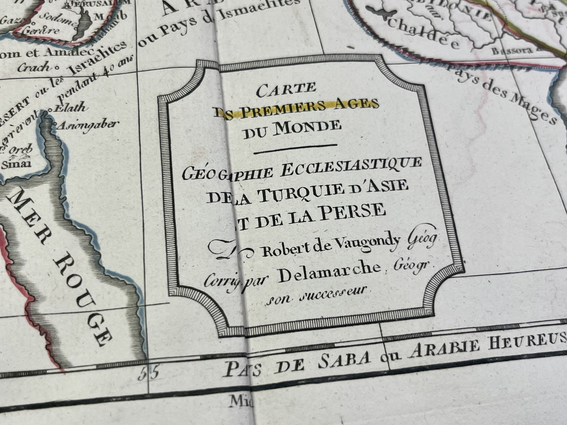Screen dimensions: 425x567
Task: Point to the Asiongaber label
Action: click(x=88, y=125)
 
